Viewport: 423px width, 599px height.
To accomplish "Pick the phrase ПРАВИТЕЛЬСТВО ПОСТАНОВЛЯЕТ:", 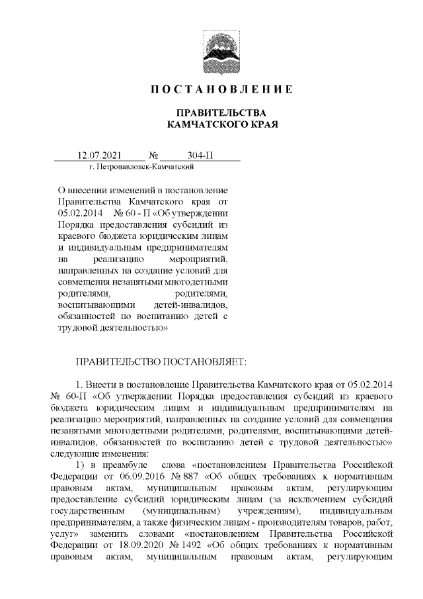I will click(x=161, y=361).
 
